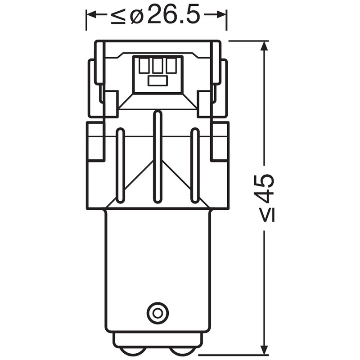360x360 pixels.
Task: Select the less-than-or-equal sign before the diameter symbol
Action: tap(118, 16)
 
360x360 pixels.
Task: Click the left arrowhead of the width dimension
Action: tap(92, 15)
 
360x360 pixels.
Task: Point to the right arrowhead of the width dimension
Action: tap(221, 15)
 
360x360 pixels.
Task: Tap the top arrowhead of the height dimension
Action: tap(265, 47)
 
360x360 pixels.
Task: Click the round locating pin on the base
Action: tap(157, 313)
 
